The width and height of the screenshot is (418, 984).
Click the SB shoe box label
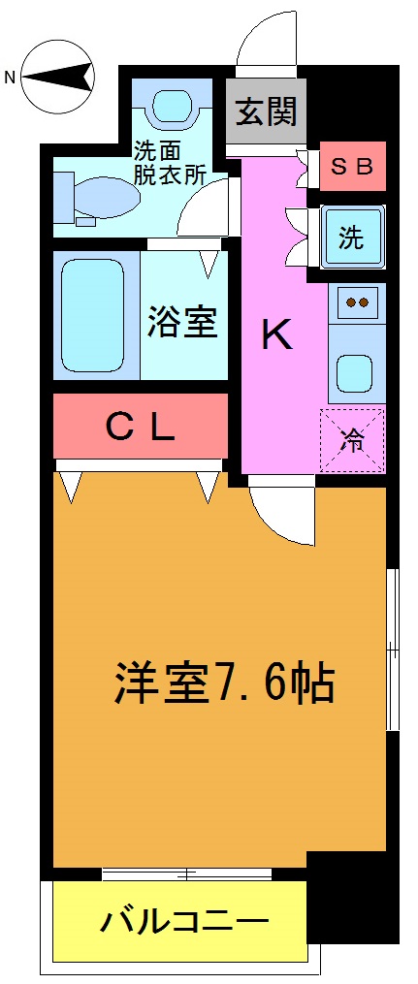[352, 166]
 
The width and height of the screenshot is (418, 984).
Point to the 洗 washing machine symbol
[352, 238]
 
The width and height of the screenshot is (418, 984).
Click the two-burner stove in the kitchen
[357, 302]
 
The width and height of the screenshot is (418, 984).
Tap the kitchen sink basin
[356, 369]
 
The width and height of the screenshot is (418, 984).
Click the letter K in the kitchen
[276, 335]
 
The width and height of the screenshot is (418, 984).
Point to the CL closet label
[140, 427]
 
